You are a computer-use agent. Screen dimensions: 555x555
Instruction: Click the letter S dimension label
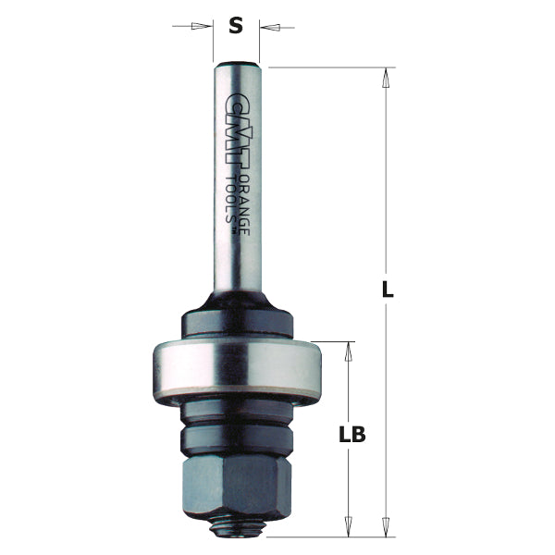pyautogui.click(x=236, y=26)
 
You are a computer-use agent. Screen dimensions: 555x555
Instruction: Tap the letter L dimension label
pyautogui.click(x=388, y=290)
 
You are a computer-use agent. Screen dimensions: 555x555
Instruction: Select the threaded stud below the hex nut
pyautogui.click(x=240, y=528)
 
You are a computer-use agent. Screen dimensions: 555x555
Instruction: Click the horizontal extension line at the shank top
pyautogui.click(x=324, y=67)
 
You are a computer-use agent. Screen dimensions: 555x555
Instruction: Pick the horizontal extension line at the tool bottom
pyautogui.click(x=324, y=536)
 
